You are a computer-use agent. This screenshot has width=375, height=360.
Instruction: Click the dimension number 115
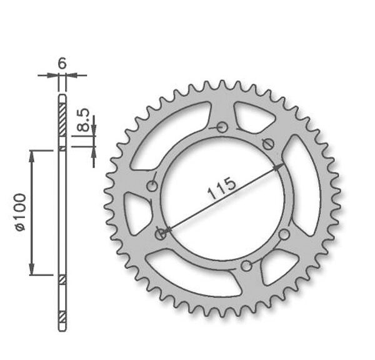pos(222,188)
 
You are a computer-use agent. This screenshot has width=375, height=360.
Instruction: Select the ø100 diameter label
pos(21,212)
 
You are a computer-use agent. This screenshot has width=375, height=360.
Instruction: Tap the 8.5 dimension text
pos(84,120)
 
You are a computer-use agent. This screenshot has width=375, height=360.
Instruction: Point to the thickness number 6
pos(62,64)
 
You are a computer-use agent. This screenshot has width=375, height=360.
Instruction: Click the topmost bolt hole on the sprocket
pos(222,127)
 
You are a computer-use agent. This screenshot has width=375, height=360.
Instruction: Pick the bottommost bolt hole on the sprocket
pos(247,266)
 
